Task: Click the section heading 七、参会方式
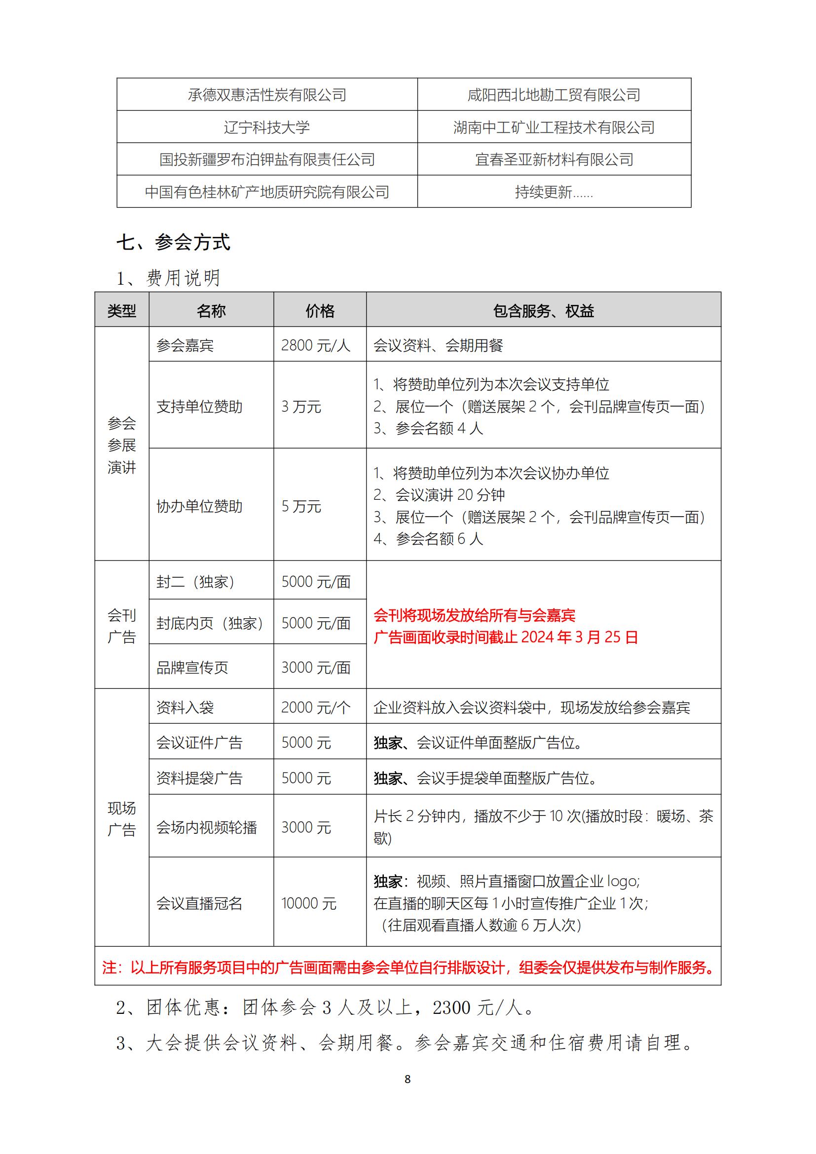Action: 173,242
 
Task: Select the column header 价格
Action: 320,311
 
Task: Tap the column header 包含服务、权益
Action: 543,311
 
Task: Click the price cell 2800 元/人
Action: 316,345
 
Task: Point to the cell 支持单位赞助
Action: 199,406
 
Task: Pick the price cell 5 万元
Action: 301,506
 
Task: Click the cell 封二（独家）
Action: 195,582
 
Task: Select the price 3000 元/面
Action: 316,668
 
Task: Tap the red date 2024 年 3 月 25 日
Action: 580,637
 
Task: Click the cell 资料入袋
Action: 185,707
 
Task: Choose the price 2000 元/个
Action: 316,707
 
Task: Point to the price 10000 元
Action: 308,903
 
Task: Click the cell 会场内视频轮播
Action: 207,827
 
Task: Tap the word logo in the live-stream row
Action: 622,881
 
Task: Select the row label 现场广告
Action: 121,819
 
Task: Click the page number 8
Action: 408,1079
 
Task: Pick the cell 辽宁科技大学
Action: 267,127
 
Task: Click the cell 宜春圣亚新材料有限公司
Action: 554,159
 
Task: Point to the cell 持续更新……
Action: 554,192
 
